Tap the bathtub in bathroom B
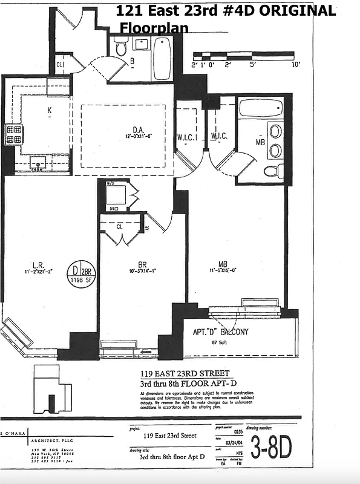tap(162, 58)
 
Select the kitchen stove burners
tap(14, 134)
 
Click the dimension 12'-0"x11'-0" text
tap(140, 137)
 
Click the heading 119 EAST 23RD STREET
tap(185, 373)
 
